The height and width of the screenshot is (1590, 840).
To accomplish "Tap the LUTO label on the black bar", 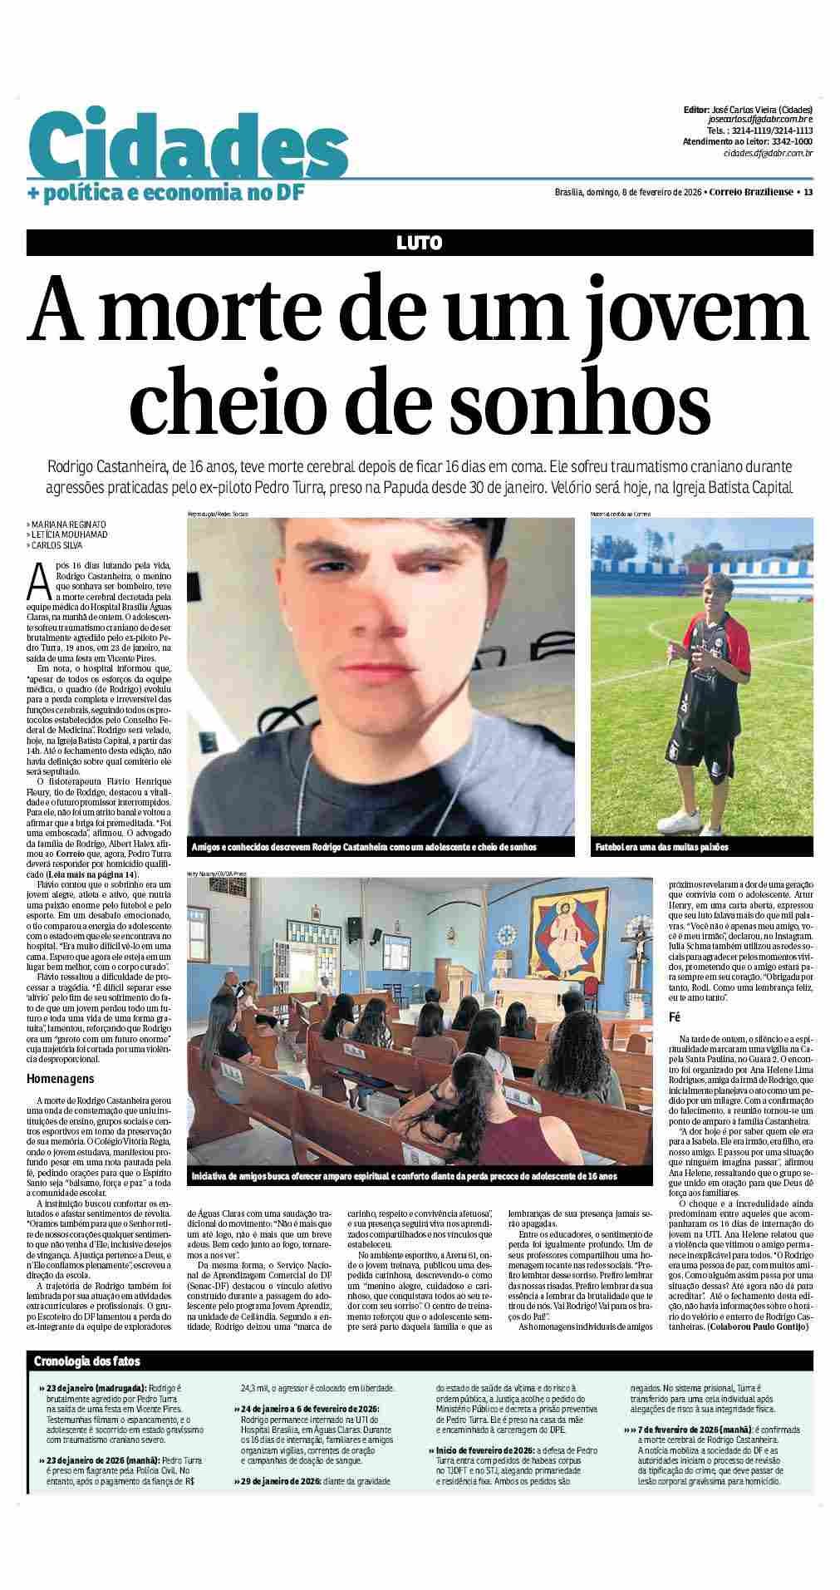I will (420, 243).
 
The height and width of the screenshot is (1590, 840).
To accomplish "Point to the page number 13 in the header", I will (808, 192).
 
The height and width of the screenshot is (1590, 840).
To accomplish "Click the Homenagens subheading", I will (61, 1079).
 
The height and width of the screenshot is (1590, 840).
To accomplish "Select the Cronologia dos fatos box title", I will (87, 1361).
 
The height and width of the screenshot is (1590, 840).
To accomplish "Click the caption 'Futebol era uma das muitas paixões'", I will (662, 847).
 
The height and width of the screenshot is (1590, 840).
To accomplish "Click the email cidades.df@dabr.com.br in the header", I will (768, 153).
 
